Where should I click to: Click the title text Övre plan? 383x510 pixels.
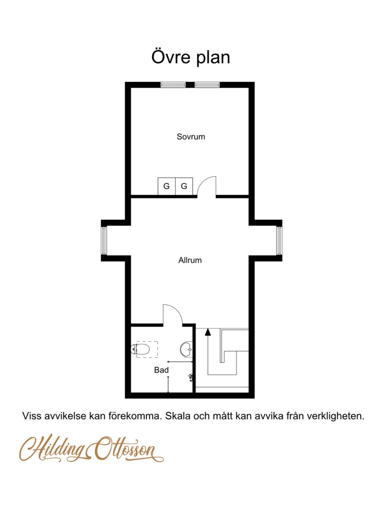coord(191,57)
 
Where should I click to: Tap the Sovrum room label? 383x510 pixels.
coord(191,137)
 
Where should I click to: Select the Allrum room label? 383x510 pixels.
coord(190,260)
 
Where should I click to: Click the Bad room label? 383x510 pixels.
coord(161,370)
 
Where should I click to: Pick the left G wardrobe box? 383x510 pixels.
coord(167,187)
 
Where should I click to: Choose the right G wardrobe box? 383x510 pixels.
coord(184,187)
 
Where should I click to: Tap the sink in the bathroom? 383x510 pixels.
coord(186,349)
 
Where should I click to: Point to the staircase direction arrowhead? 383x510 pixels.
coord(208,332)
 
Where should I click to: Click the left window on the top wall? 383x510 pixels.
coord(173,85)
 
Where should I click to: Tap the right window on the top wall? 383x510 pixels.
coord(207,85)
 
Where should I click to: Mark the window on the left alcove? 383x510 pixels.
coord(104,241)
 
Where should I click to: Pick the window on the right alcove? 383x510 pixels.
coord(279,241)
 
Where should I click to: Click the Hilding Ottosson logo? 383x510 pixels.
coord(91,449)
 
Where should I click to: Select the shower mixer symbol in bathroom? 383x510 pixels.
coord(191,377)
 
